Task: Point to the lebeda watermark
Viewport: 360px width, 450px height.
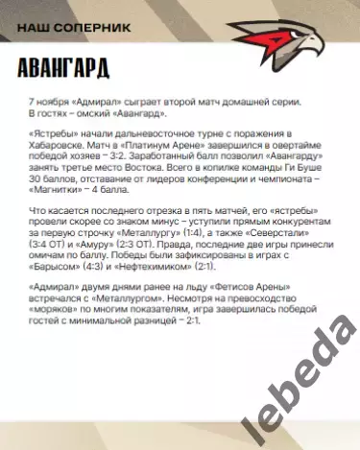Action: click(289, 385)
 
